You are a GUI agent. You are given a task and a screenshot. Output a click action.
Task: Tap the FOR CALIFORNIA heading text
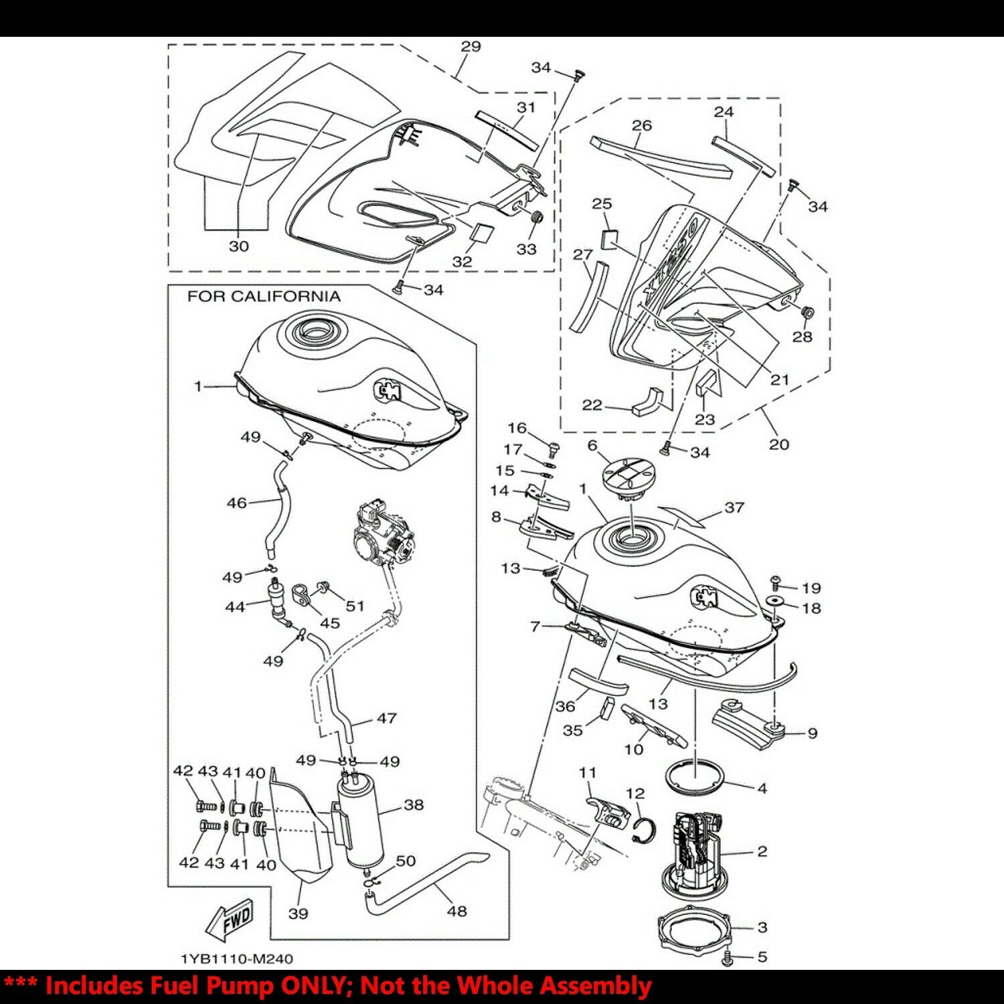click(x=264, y=297)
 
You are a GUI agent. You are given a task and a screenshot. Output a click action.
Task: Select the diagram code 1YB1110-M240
click(x=237, y=959)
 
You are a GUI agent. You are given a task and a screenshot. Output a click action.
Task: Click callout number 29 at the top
click(x=471, y=46)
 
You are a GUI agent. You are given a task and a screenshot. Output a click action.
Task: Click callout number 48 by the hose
click(x=457, y=911)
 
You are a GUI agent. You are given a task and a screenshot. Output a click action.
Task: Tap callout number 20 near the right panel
click(x=779, y=444)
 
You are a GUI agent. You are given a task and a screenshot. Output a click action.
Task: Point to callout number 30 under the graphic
click(x=239, y=246)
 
